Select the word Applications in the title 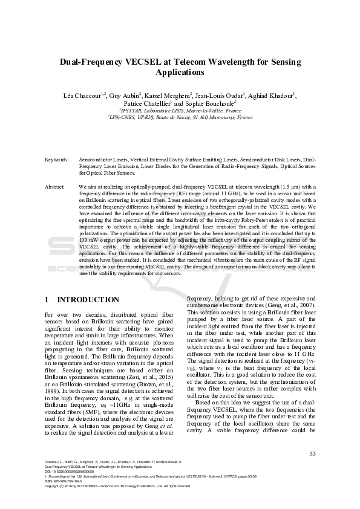[x=180, y=72]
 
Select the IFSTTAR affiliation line [x=180, y=111]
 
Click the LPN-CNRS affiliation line [x=180, y=118]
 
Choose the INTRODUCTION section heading [x=88, y=300]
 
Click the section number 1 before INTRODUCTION [x=47, y=300]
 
